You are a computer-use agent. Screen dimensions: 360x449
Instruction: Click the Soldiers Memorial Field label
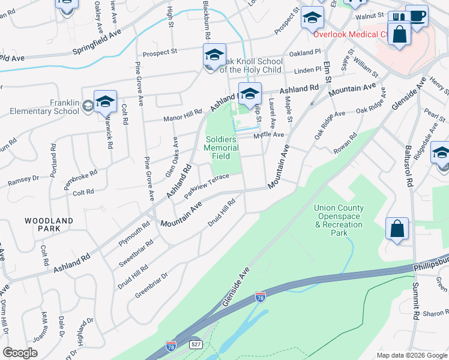220,147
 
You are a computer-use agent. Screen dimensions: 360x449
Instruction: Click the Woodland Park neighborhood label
49,224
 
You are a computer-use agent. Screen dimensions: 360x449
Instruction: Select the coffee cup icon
417,16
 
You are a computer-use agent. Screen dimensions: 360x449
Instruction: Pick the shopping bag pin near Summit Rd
397,229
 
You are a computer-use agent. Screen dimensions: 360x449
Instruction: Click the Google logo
20,353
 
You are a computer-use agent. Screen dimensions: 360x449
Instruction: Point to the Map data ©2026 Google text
411,355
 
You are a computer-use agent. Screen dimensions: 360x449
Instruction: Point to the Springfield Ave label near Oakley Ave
96,41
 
